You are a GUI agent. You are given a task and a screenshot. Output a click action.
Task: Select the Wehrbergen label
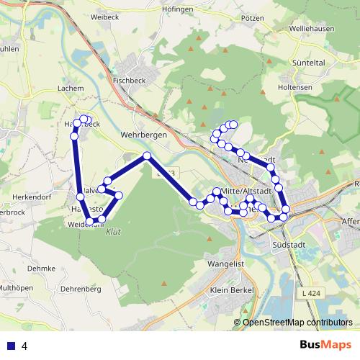[x=144, y=135]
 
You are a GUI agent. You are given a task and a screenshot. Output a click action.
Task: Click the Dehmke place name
[x=42, y=268]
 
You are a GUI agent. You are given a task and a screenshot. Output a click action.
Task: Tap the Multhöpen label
[x=16, y=287]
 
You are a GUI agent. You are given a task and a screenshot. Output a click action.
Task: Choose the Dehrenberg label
[x=81, y=289]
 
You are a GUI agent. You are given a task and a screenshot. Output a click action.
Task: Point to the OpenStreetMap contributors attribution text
[x=297, y=323]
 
